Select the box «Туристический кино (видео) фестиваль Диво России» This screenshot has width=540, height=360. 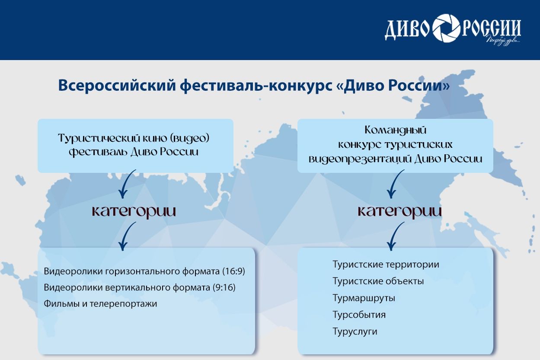pos(135,146)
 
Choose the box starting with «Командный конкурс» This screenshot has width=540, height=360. pos(395,146)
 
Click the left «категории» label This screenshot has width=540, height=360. pos(134,211)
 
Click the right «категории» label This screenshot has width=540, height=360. pos(400,211)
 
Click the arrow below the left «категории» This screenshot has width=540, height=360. pos(125,236)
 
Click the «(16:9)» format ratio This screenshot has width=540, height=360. pos(233,272)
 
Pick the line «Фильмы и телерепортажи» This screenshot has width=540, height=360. pos(100,304)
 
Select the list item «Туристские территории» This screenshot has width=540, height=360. pos(386,264)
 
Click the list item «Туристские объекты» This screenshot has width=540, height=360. pos(378,281)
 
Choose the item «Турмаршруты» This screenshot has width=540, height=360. pos(364,298)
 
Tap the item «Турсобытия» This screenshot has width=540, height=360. pos(359,315)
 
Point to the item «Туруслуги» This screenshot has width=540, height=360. pos(355,332)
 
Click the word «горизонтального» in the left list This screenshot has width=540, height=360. pos(153,272)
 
